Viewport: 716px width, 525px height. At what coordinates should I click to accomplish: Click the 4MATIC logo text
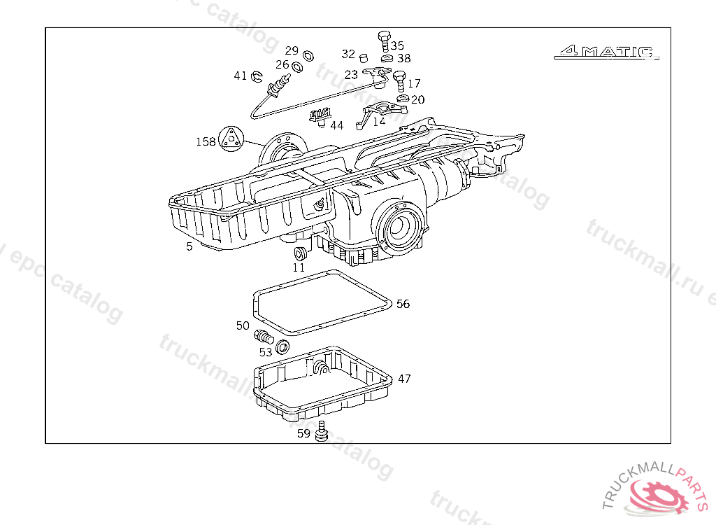pyautogui.click(x=606, y=52)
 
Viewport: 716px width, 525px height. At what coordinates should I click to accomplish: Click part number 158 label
pyautogui.click(x=206, y=142)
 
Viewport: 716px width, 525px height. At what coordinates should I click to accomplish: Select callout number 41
pyautogui.click(x=240, y=76)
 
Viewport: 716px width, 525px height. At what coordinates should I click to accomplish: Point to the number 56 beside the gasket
pyautogui.click(x=403, y=304)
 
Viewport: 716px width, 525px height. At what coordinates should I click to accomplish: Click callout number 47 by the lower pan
pyautogui.click(x=404, y=379)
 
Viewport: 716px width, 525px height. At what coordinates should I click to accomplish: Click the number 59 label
pyautogui.click(x=303, y=433)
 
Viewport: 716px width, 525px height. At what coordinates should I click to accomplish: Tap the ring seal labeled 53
pyautogui.click(x=282, y=346)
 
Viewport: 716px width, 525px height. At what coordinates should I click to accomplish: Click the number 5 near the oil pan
pyautogui.click(x=189, y=246)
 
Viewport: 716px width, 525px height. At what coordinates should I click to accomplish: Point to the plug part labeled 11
pyautogui.click(x=300, y=253)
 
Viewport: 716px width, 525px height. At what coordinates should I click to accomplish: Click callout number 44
pyautogui.click(x=337, y=125)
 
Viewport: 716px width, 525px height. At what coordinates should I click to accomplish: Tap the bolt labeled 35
pyautogui.click(x=383, y=38)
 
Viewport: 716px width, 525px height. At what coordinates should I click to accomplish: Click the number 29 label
pyautogui.click(x=292, y=50)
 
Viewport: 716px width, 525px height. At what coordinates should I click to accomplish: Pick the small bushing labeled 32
pyautogui.click(x=364, y=55)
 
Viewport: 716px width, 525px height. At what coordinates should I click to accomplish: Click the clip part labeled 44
pyautogui.click(x=320, y=116)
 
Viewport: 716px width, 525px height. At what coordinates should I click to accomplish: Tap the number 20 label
pyautogui.click(x=417, y=100)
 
